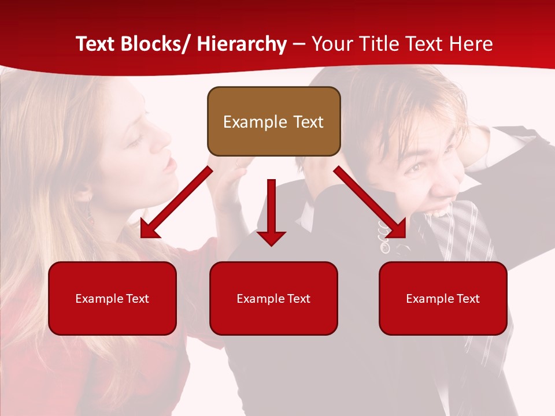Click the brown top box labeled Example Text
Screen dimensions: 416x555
tap(273, 121)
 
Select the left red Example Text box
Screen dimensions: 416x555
tap(112, 298)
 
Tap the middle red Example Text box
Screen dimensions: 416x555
tap(273, 298)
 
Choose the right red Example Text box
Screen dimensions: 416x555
tap(443, 298)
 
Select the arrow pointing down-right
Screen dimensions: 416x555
tap(370, 202)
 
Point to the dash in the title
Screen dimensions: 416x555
tap(298, 44)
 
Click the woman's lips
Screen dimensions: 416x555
tap(169, 165)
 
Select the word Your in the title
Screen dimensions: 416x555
tap(331, 44)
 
